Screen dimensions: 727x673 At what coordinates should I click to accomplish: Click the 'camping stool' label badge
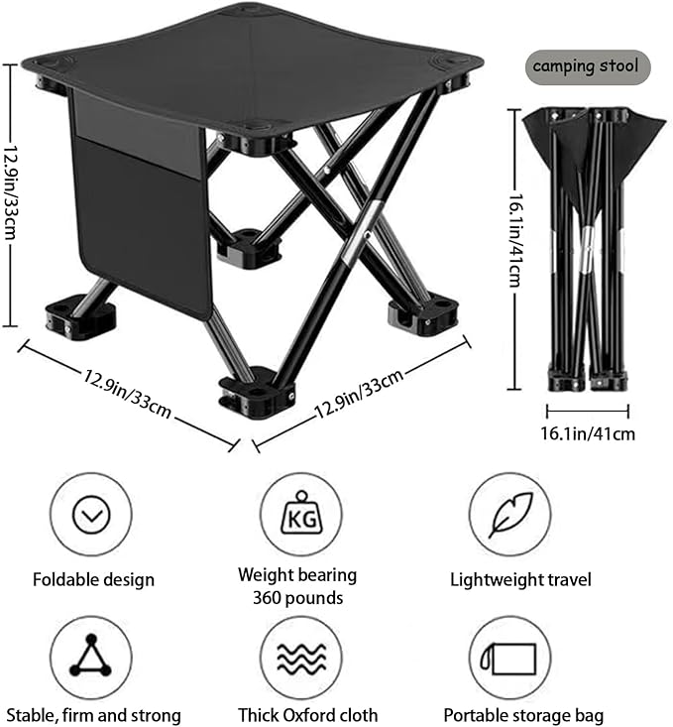click(x=588, y=67)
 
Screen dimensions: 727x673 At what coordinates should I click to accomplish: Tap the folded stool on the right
click(x=590, y=248)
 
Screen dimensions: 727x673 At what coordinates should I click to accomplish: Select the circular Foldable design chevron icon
click(x=91, y=515)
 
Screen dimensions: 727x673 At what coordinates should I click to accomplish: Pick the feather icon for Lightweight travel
click(x=509, y=515)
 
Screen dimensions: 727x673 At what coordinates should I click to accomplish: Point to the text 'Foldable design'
click(x=93, y=579)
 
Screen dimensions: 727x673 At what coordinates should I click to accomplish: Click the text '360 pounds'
click(x=297, y=598)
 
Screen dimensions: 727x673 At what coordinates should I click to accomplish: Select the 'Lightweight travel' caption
click(x=520, y=579)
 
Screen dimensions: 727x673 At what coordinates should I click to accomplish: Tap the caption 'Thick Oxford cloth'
click(x=308, y=715)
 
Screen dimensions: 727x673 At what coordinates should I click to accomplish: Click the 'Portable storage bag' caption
click(x=523, y=715)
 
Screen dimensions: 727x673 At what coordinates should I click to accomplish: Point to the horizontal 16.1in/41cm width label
click(x=588, y=433)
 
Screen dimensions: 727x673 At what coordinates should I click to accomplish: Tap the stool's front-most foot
click(x=254, y=391)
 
